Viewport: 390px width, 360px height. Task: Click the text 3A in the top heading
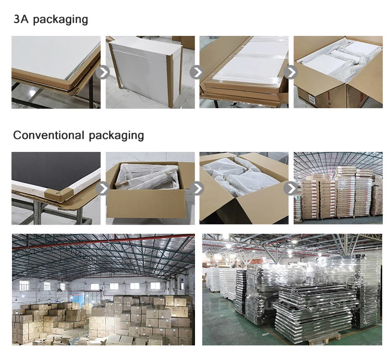(x=20, y=20)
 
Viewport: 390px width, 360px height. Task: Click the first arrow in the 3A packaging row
(x=103, y=72)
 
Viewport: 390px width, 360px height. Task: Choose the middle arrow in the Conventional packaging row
(x=197, y=188)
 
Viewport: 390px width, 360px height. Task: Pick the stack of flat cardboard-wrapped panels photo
(x=244, y=72)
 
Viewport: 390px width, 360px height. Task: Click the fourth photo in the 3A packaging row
(x=338, y=72)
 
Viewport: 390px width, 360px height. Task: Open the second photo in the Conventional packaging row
(x=150, y=188)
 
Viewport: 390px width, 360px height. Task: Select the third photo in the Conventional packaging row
(x=244, y=188)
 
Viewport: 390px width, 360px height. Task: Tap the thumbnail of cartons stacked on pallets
(x=338, y=188)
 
